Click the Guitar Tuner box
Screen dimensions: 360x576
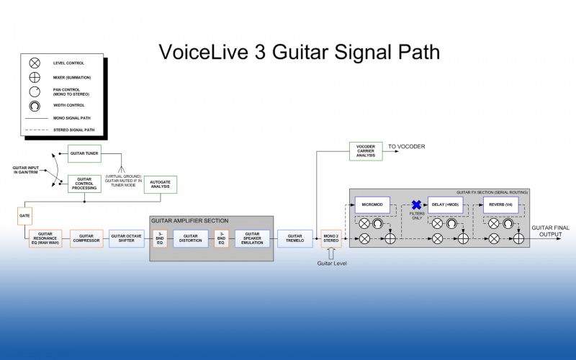pyautogui.click(x=84, y=153)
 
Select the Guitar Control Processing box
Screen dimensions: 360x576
pyautogui.click(x=84, y=184)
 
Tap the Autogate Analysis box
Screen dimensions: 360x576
pyautogui.click(x=160, y=184)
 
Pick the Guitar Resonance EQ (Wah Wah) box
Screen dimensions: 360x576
pyautogui.click(x=45, y=238)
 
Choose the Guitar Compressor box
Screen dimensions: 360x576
pyautogui.click(x=87, y=238)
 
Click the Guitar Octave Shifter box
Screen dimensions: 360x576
pyautogui.click(x=127, y=238)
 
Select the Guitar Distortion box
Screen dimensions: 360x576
pyautogui.click(x=190, y=238)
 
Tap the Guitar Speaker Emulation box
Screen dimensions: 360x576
pyautogui.click(x=252, y=238)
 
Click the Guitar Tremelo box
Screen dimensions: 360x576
pyautogui.click(x=294, y=238)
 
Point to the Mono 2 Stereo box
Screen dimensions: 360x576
pyautogui.click(x=330, y=238)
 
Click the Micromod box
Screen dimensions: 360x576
pyautogui.click(x=372, y=205)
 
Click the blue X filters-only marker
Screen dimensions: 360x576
pyautogui.click(x=416, y=205)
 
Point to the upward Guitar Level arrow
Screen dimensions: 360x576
pyautogui.click(x=330, y=254)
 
